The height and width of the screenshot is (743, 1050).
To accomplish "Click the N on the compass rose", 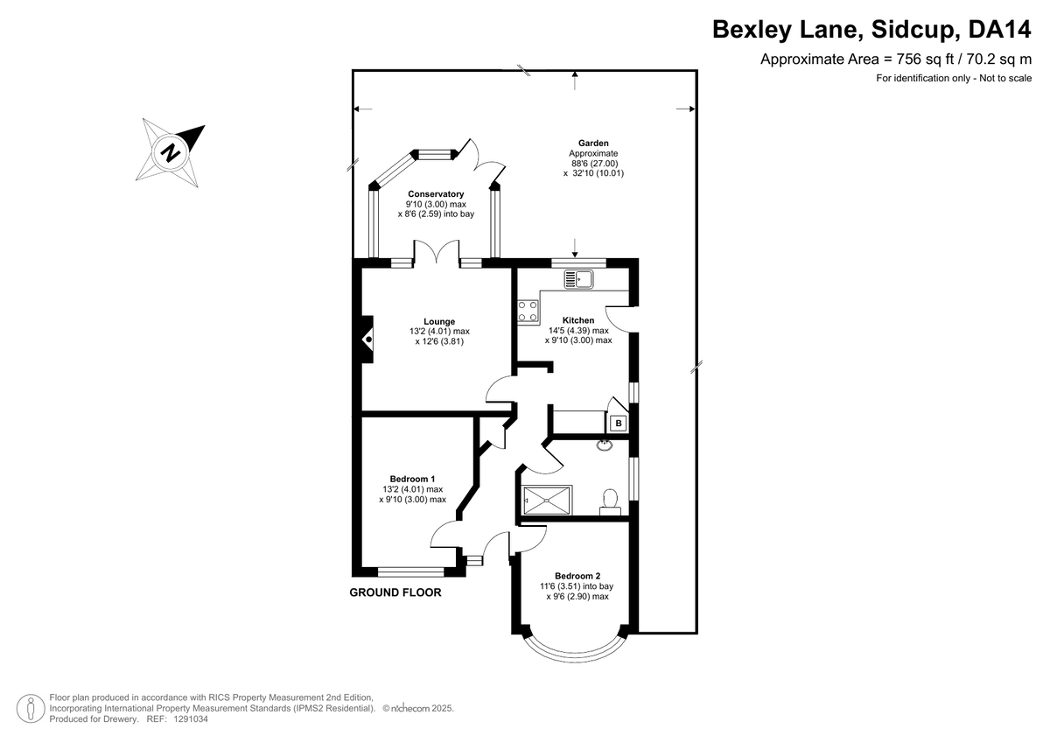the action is (x=170, y=151).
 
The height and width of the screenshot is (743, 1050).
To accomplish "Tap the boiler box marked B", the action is (x=619, y=424).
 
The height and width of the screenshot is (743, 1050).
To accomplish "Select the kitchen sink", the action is (x=578, y=279).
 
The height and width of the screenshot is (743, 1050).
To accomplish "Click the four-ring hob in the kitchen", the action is (x=528, y=312).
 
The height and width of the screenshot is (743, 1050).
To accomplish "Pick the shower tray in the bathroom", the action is (x=547, y=501).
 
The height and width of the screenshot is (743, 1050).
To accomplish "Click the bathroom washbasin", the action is (x=605, y=445).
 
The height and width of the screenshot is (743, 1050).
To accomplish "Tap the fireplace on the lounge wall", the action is (x=367, y=339).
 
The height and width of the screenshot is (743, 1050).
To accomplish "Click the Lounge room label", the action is (x=439, y=321).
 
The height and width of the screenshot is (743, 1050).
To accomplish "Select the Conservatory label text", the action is (x=436, y=194).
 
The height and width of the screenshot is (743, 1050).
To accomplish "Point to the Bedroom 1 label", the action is (x=412, y=479).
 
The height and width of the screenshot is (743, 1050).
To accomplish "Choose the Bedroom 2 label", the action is (x=577, y=576).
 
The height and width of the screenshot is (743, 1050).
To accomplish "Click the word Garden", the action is (x=593, y=144).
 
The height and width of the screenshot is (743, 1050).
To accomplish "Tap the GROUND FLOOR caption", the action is (x=395, y=592).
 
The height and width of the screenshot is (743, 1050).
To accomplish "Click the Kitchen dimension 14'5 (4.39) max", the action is (x=578, y=331).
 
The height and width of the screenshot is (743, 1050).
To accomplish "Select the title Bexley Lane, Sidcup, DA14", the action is (x=871, y=30).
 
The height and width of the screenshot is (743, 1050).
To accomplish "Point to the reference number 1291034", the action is (x=191, y=719).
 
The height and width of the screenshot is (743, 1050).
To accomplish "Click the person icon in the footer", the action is (x=31, y=708).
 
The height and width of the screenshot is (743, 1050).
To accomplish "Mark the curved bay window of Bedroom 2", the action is (x=575, y=654).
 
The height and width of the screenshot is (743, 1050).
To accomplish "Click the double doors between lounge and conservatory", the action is (x=437, y=251).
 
